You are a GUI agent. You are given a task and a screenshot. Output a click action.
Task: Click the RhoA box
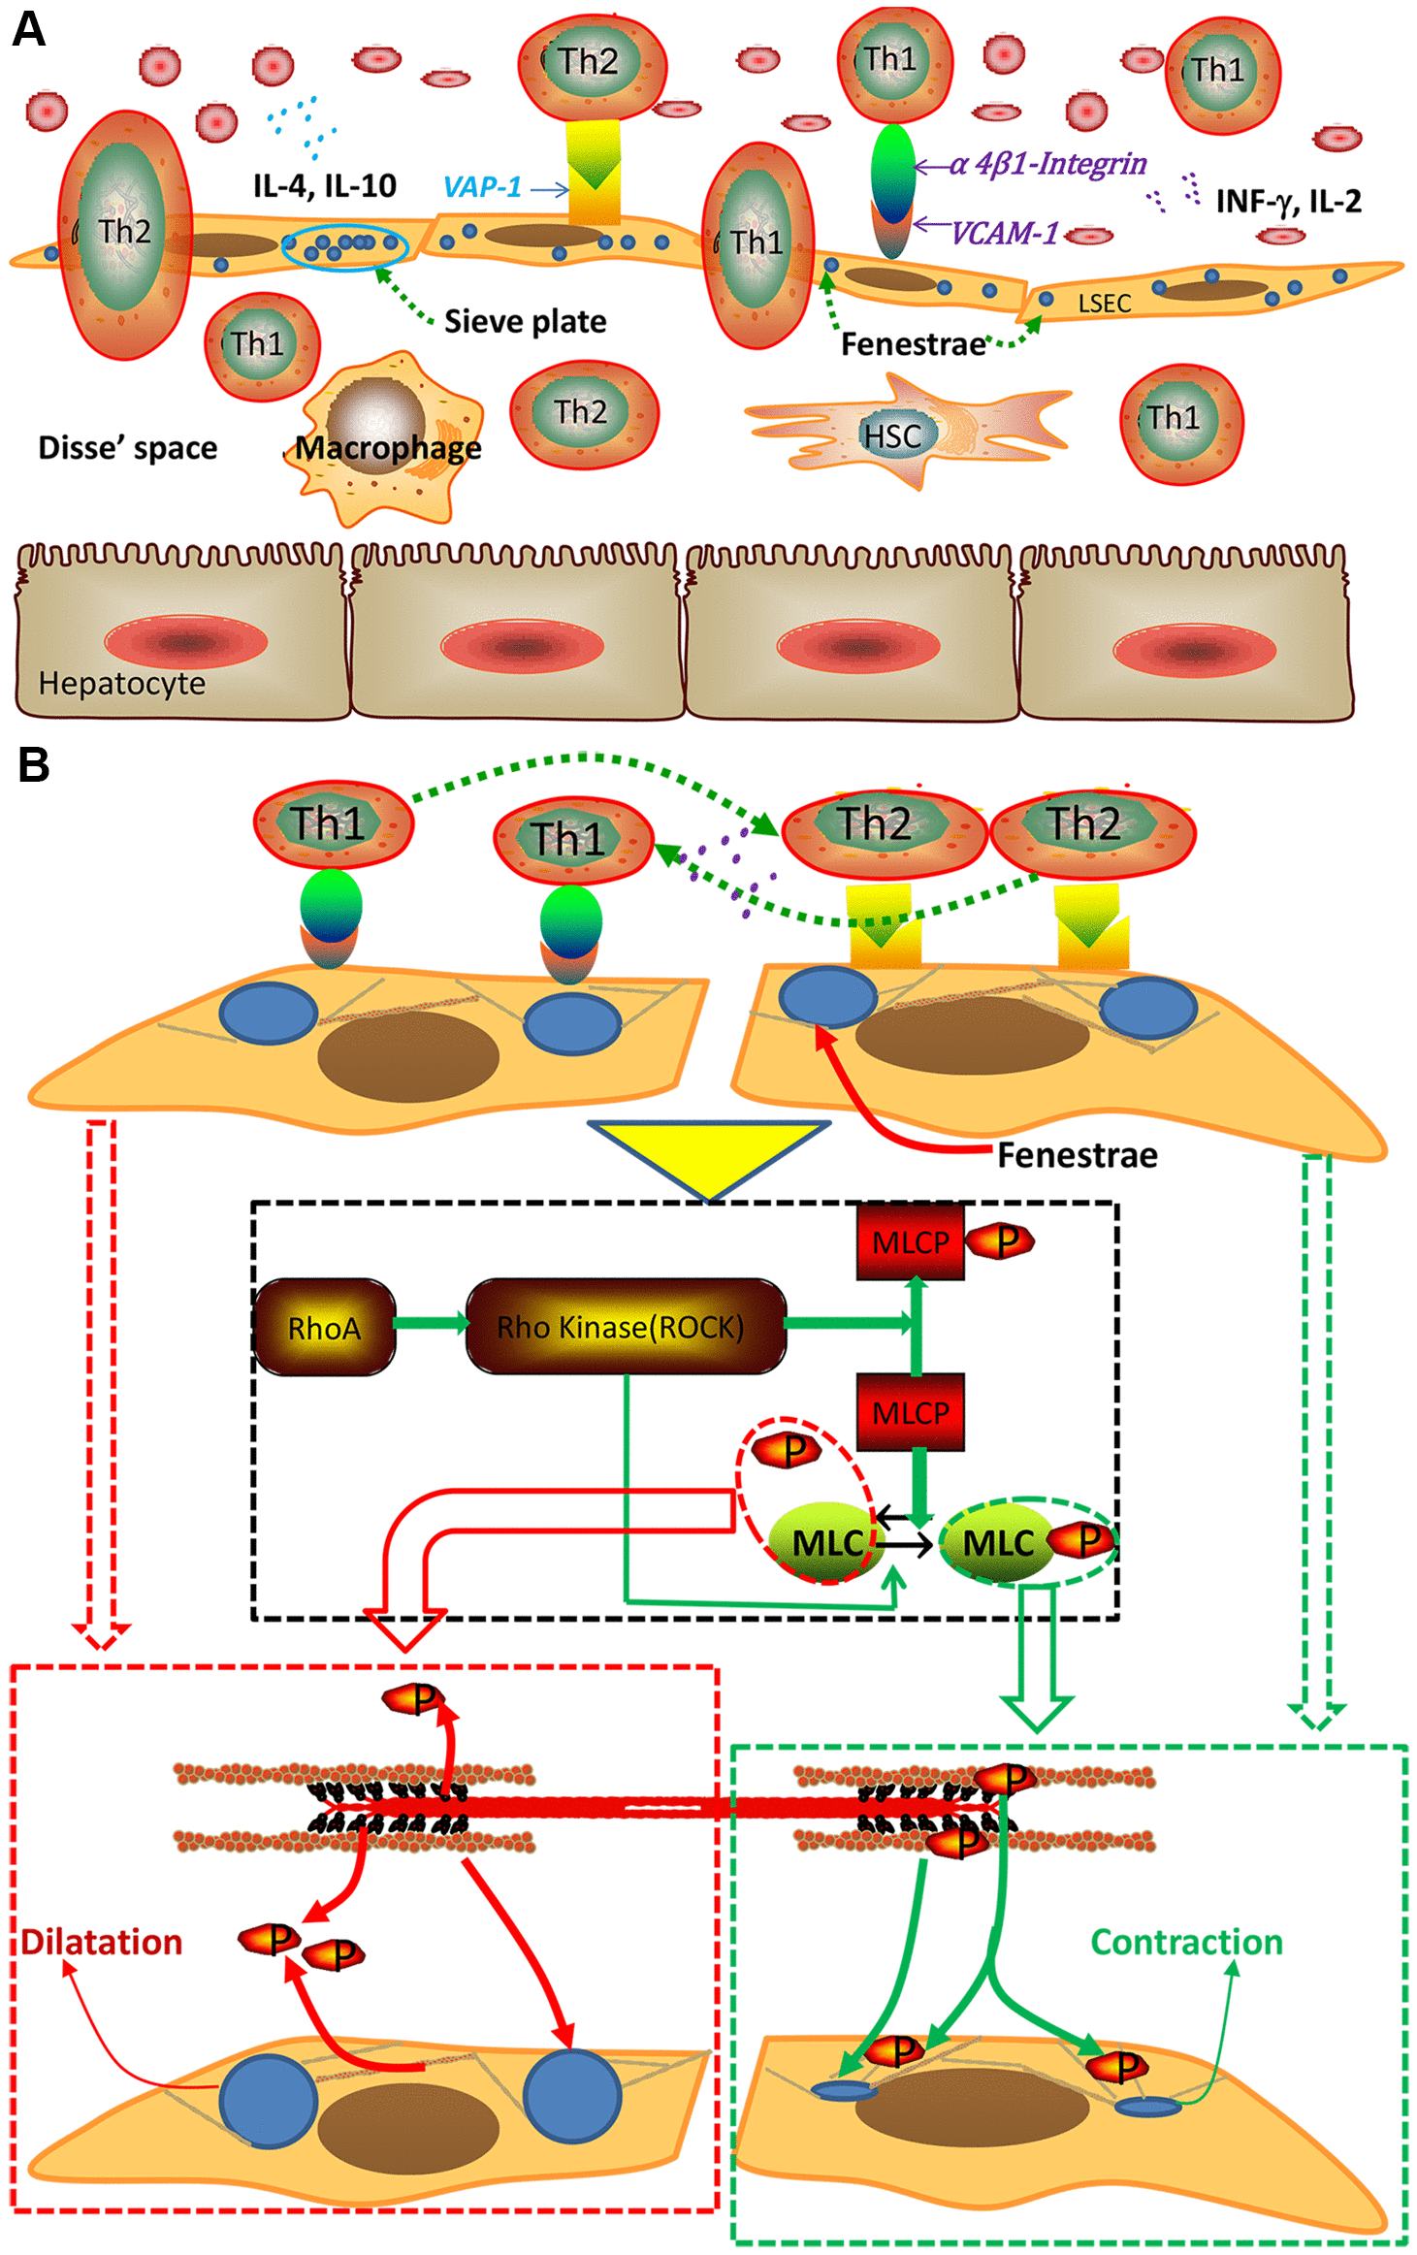coord(324,1327)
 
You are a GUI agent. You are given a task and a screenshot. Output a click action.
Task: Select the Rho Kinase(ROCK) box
coord(626,1327)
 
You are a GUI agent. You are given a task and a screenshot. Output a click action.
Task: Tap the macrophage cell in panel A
coord(383,436)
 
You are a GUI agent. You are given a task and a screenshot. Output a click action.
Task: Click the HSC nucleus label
coord(892,436)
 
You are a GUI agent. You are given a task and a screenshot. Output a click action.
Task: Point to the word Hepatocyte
coord(121,684)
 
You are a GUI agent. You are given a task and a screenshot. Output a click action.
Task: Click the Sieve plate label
coord(525,322)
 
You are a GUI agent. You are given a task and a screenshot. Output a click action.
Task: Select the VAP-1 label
coord(482,187)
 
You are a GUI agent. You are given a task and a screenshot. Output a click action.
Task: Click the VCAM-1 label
coord(1004,234)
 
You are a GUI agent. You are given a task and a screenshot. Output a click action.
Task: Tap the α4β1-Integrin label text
coord(1047,164)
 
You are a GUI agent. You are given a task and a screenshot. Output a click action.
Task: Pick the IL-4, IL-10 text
coord(324,185)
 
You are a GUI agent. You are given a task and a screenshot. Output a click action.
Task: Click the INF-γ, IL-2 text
coord(1288,202)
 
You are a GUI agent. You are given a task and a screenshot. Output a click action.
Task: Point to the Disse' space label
coord(127,448)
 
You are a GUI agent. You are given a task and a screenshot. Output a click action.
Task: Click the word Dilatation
coord(102,1943)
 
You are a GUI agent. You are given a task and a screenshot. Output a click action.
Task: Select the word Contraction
coord(1186,1943)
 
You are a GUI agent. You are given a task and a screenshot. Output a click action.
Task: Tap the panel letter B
coord(34,765)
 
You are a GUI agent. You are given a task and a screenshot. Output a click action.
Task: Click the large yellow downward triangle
coord(709,1154)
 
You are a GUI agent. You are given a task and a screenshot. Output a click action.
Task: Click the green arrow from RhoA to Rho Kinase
coord(431,1323)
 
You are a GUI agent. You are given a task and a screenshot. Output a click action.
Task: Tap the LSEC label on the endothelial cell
coord(1104,304)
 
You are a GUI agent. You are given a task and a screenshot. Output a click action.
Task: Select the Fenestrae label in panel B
coord(1077,1155)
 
